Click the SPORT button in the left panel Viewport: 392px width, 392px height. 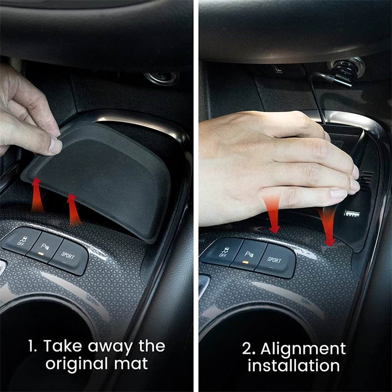68,257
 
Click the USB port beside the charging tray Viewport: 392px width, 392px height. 352,214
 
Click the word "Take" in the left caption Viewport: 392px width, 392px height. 63,346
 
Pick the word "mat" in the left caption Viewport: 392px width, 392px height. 131,364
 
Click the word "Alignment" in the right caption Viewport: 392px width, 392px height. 303,349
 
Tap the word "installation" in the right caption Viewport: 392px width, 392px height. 294,366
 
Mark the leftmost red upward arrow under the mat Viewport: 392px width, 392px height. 37,195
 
